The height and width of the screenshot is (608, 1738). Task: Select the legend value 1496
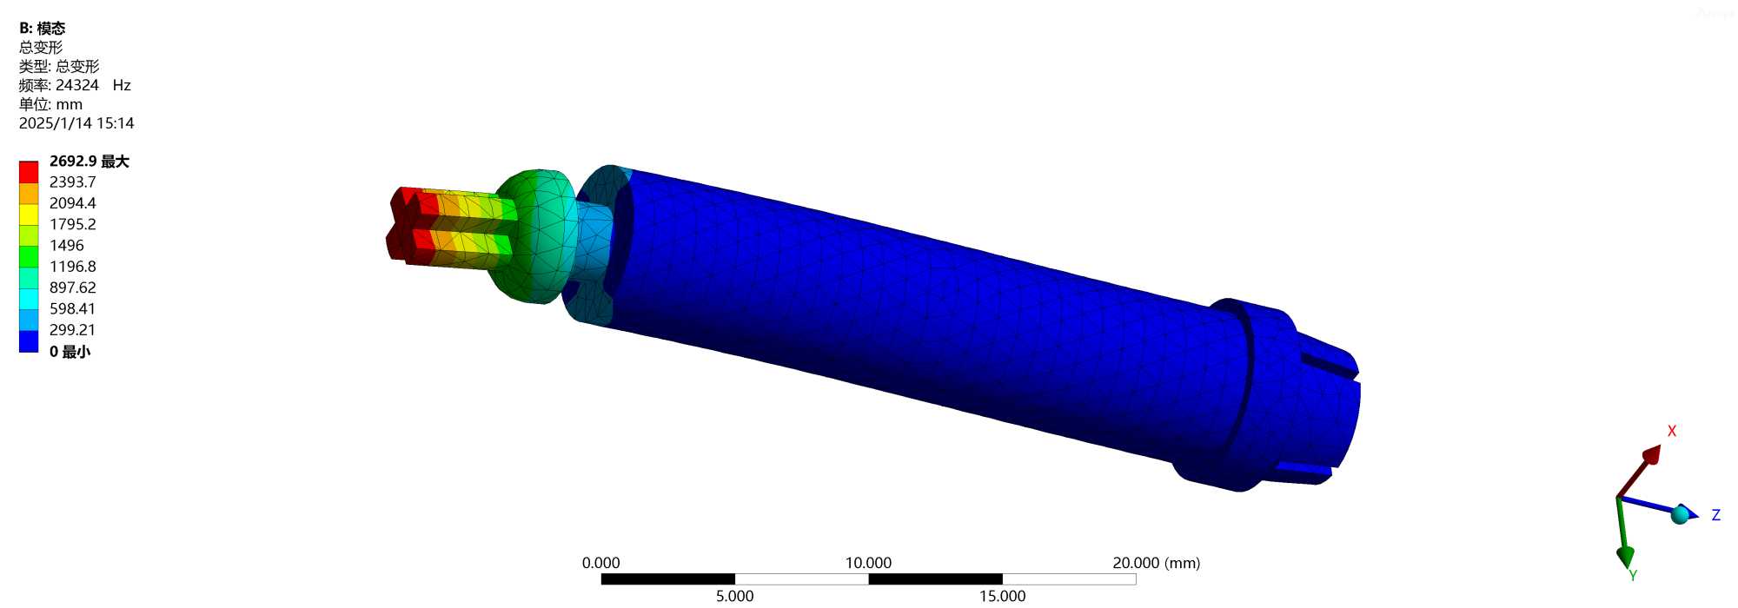click(67, 245)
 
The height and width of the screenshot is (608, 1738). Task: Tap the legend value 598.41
click(72, 308)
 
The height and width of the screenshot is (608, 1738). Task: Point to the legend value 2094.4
click(72, 202)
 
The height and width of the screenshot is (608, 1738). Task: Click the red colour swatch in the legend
click(29, 171)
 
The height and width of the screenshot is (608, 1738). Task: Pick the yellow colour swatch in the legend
click(29, 214)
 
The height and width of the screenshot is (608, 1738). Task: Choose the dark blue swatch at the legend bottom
click(29, 341)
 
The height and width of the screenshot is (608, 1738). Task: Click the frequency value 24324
click(77, 85)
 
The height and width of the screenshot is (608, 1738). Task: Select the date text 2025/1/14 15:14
click(76, 123)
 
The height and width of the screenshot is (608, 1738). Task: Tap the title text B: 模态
click(42, 29)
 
